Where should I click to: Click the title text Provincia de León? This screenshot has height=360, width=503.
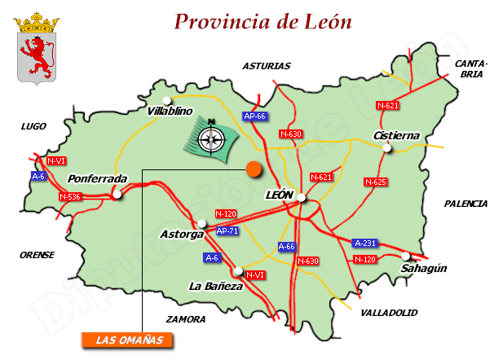tap(263, 21)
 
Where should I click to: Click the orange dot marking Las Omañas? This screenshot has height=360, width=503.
tap(254, 169)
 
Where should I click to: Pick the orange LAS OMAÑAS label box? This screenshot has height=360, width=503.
tap(129, 340)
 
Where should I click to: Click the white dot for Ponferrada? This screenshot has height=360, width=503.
tap(118, 194)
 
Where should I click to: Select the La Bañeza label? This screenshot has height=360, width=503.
tap(215, 286)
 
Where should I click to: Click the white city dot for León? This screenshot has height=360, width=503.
tap(301, 197)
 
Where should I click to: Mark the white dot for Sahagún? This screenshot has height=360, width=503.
tap(406, 256)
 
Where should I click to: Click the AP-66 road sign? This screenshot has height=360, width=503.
tap(255, 116)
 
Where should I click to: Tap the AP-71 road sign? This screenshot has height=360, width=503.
tap(227, 231)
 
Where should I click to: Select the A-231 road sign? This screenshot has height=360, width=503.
tap(364, 243)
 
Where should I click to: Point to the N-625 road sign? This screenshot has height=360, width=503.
tap(375, 182)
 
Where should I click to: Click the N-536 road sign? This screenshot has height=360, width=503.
tap(69, 196)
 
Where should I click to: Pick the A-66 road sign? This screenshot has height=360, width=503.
tap(286, 246)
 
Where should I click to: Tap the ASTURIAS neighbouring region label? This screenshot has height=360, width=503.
tap(266, 66)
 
